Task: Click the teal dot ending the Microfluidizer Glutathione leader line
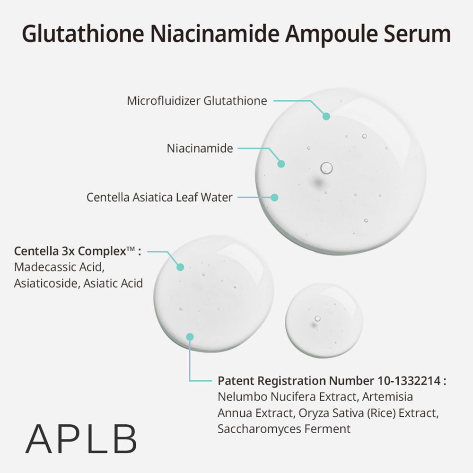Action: [326, 116]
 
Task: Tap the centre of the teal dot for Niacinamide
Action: [281, 164]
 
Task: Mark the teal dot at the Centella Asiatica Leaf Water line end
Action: [274, 198]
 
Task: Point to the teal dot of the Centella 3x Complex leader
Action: [180, 267]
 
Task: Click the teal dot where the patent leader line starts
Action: [190, 337]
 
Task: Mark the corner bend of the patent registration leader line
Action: [190, 381]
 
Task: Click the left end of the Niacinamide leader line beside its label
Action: [238, 149]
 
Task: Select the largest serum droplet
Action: [341, 171]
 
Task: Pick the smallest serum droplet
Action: [324, 321]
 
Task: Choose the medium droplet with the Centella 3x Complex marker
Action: [214, 294]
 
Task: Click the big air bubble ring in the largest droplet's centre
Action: [326, 168]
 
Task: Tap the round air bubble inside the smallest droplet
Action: [317, 318]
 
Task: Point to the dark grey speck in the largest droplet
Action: [318, 182]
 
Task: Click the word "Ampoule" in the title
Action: [331, 34]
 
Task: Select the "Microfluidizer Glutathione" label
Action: [197, 101]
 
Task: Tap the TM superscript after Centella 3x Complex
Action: [131, 249]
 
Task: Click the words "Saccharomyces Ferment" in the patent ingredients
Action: [284, 429]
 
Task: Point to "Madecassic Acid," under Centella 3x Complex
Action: [59, 267]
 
